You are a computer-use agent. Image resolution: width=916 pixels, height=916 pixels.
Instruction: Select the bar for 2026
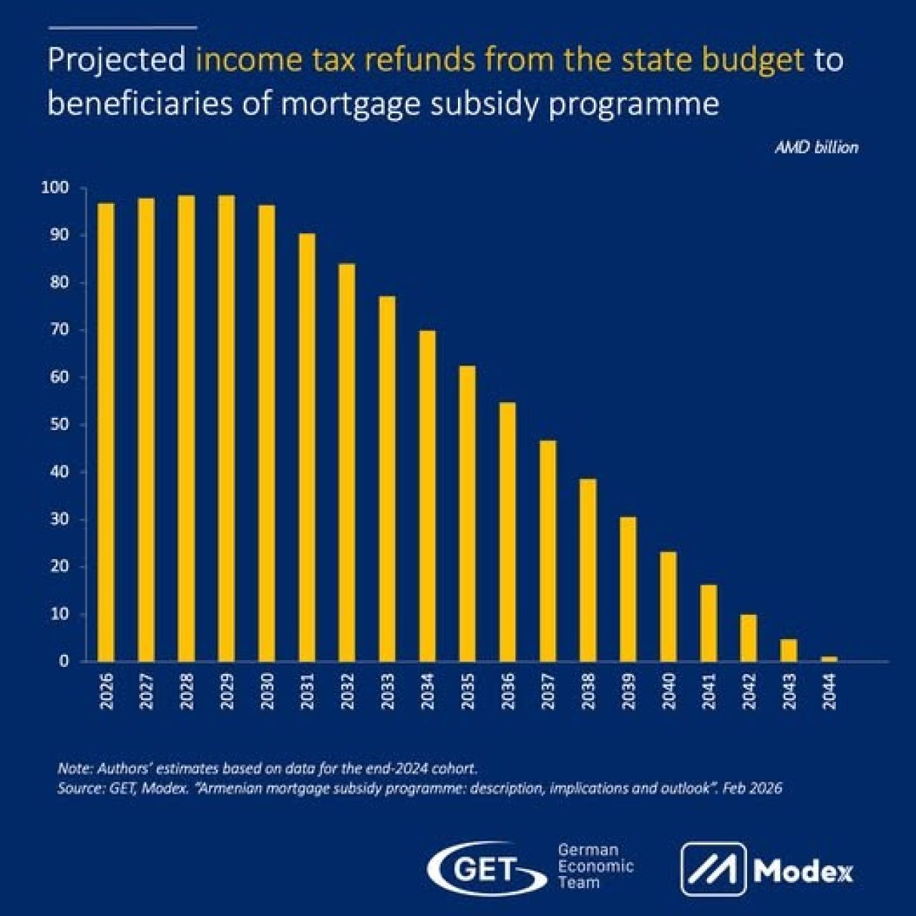[106, 432]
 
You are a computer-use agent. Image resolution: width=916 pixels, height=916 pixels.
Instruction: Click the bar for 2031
[306, 447]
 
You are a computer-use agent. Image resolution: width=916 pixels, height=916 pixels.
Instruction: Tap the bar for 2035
[467, 513]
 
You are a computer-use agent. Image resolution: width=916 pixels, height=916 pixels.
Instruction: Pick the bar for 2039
[628, 589]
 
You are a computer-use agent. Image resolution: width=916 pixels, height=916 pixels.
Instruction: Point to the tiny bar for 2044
[829, 659]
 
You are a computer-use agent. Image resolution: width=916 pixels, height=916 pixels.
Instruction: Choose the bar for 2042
[749, 638]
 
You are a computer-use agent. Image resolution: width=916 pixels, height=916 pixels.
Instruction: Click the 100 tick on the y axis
[55, 188]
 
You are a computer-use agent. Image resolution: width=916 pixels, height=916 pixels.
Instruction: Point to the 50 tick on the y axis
[60, 424]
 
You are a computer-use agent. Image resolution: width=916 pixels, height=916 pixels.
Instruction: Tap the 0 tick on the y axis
[64, 661]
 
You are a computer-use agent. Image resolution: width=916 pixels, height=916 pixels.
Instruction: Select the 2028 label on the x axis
[187, 691]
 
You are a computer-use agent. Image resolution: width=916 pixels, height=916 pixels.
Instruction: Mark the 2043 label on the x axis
[789, 691]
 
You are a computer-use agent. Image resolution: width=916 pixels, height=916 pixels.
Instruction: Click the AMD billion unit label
[817, 148]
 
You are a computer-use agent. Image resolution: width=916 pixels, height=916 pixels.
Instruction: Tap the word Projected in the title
[117, 62]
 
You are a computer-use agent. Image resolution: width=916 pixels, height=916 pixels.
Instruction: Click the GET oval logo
[487, 869]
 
